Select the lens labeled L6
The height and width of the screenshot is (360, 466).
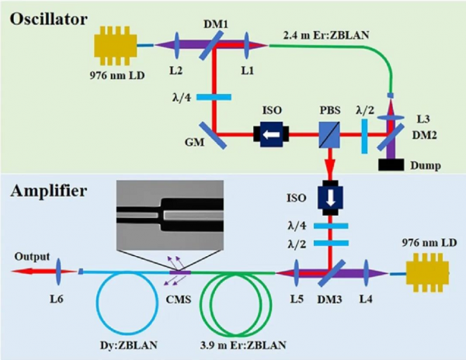pos(51,272)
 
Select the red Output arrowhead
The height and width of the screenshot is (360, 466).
pos(17,272)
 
